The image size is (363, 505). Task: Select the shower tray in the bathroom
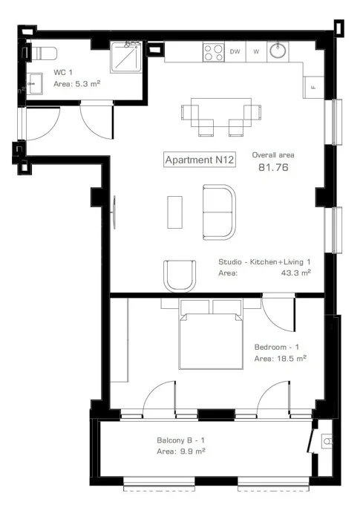pyautogui.click(x=126, y=57)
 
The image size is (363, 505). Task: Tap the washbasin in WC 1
pyautogui.click(x=34, y=84)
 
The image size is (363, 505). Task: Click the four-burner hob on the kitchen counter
pyautogui.click(x=213, y=52)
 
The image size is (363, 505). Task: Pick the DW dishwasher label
pyautogui.click(x=235, y=51)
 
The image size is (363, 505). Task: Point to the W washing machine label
pyautogui.click(x=256, y=51)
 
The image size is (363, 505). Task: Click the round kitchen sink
pyautogui.click(x=278, y=50)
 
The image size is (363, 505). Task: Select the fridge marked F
pyautogui.click(x=313, y=88)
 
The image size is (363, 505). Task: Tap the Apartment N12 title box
pyautogui.click(x=200, y=160)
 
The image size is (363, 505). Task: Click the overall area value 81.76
pyautogui.click(x=273, y=168)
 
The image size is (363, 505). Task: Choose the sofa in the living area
pyautogui.click(x=219, y=212)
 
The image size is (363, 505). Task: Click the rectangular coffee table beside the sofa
pyautogui.click(x=174, y=212)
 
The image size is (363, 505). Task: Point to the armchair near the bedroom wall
pyautogui.click(x=180, y=276)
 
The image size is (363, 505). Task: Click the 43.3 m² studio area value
pyautogui.click(x=295, y=273)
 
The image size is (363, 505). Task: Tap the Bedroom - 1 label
pyautogui.click(x=276, y=348)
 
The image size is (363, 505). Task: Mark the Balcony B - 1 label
pyautogui.click(x=180, y=440)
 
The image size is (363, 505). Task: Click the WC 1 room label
pyautogui.click(x=63, y=72)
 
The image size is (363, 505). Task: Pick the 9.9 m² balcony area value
pyautogui.click(x=192, y=452)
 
